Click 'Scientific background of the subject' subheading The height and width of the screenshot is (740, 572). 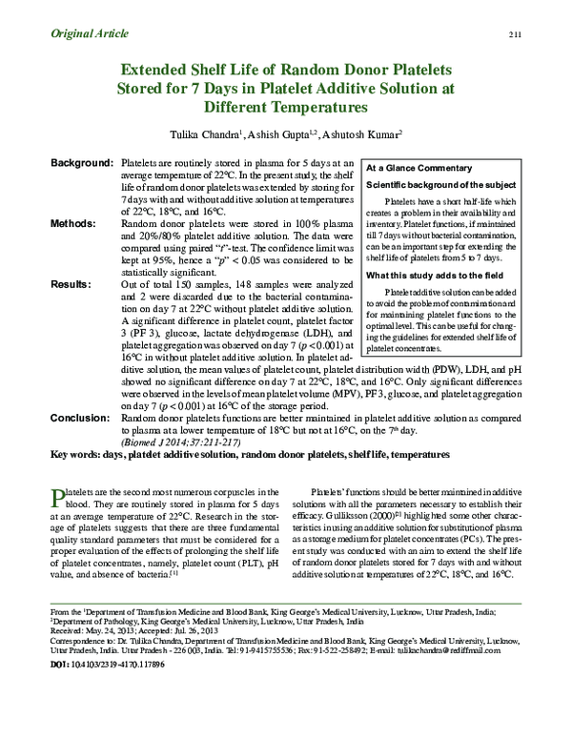click(x=442, y=183)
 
